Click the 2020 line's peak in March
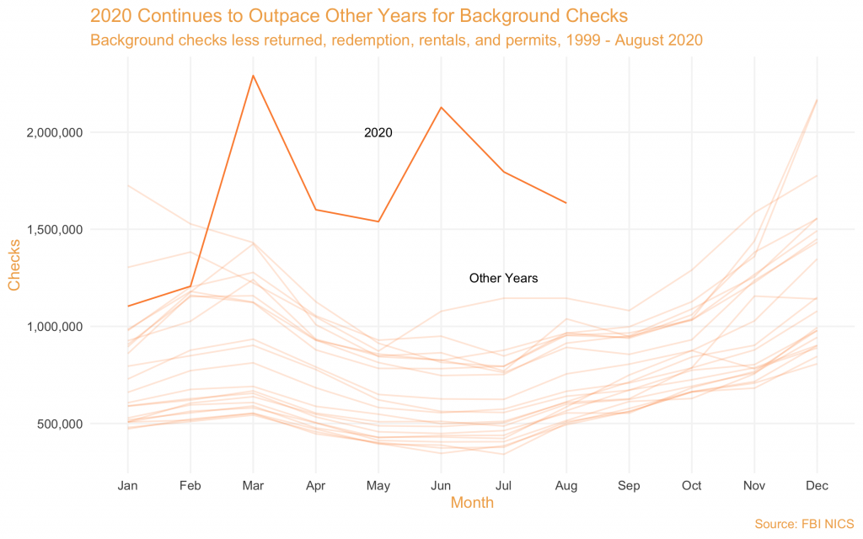point(253,76)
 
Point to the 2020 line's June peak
point(441,107)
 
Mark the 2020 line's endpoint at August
point(566,203)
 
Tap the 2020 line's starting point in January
point(128,306)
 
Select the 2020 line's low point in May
point(378,221)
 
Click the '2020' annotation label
point(378,133)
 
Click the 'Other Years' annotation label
point(503,278)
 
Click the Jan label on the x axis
point(128,486)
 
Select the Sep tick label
point(628,486)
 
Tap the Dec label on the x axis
point(816,486)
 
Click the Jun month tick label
point(441,486)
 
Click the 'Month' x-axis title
point(472,504)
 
